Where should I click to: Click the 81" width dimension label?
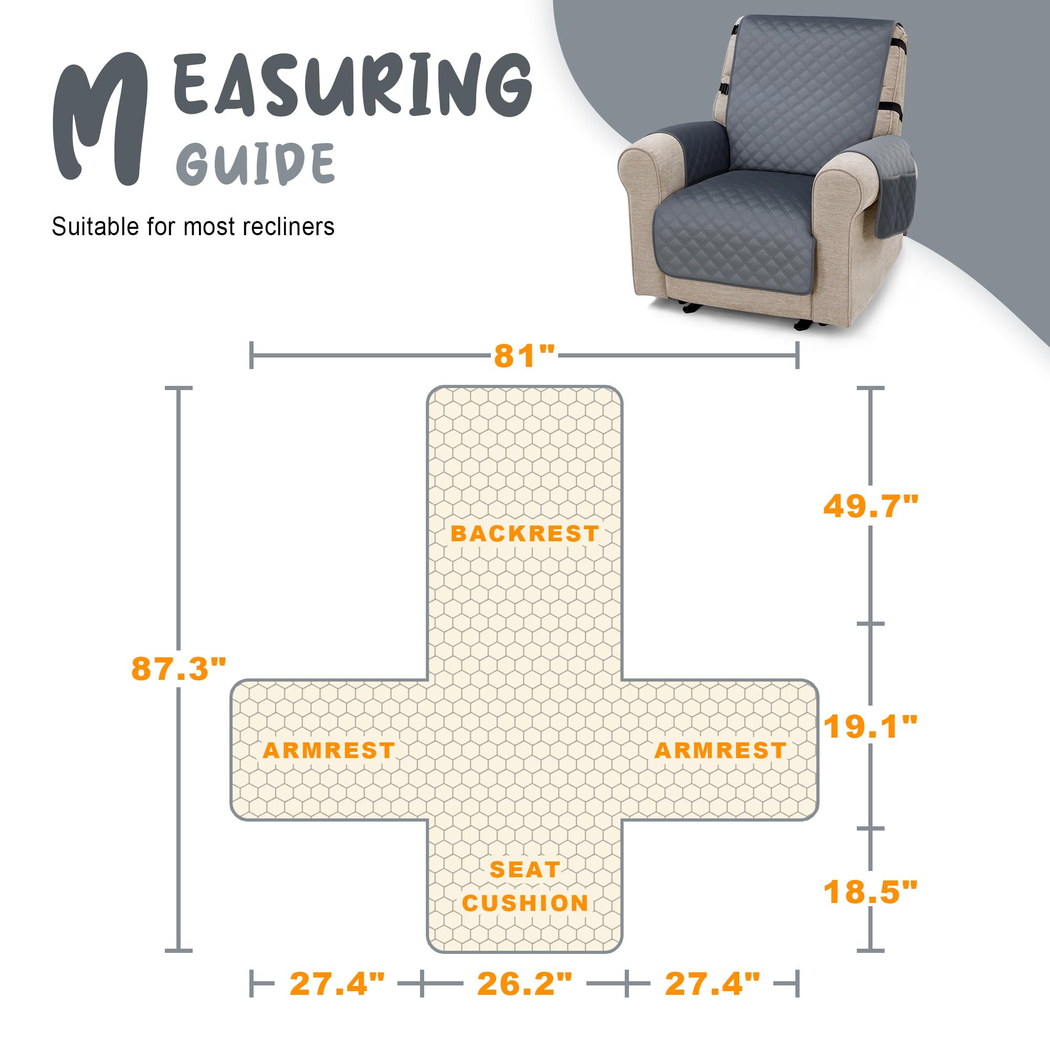pos(524,356)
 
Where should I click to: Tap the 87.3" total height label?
pos(178,668)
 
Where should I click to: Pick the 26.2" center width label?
pos(524,984)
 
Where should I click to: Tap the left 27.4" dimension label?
pos(337,984)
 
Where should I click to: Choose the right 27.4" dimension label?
pos(712,984)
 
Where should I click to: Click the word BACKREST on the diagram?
pos(524,534)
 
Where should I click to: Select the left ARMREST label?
pos(329,751)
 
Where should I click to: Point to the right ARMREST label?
pos(720,751)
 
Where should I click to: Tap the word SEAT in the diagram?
pos(524,869)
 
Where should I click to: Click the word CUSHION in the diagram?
pos(525,903)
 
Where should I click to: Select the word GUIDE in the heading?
pos(256,163)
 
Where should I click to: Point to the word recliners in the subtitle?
pos(288,227)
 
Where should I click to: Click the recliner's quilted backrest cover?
pos(810,92)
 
